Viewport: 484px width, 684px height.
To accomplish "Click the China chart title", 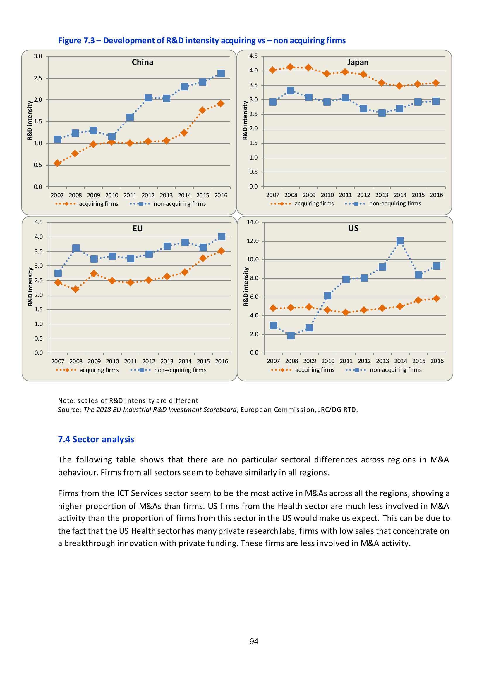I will pyautogui.click(x=143, y=62).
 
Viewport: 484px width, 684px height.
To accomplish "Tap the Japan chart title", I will pyautogui.click(x=358, y=62).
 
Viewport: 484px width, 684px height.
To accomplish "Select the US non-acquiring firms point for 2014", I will pyautogui.click(x=400, y=241).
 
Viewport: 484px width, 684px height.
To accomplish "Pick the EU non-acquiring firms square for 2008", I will pyautogui.click(x=76, y=248).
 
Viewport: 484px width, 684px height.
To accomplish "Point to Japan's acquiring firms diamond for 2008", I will pyautogui.click(x=291, y=67).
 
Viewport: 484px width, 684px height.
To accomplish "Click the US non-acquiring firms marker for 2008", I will pyautogui.click(x=291, y=336).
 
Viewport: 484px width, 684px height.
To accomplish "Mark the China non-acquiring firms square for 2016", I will pyautogui.click(x=221, y=74).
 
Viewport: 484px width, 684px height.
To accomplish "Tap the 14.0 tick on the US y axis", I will pyautogui.click(x=253, y=222).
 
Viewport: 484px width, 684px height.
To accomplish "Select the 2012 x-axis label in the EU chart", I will pyautogui.click(x=149, y=361).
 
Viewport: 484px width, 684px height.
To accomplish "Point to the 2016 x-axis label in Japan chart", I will pyautogui.click(x=437, y=195).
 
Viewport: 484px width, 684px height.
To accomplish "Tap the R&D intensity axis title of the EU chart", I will pyautogui.click(x=30, y=286).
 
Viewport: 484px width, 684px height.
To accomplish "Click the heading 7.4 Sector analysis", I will pyautogui.click(x=96, y=439).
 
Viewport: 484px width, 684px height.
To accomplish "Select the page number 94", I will pyautogui.click(x=254, y=641).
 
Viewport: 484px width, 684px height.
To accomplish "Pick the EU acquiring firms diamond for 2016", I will pyautogui.click(x=221, y=251).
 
